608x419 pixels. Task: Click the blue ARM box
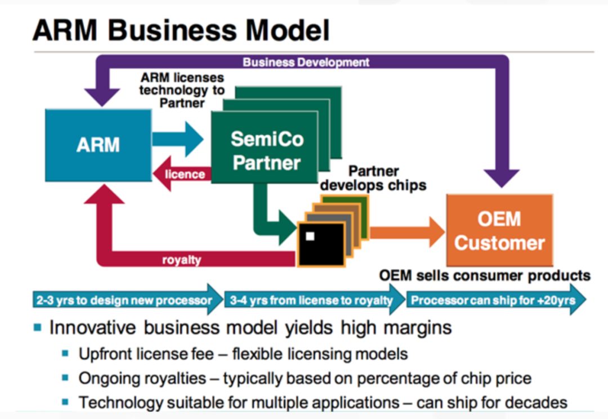[98, 145]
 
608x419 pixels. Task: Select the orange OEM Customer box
[499, 230]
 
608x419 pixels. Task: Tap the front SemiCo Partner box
[265, 148]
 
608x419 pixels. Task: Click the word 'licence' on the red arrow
[185, 175]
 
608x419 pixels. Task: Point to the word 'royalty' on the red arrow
[181, 260]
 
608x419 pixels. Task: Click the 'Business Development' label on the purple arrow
[306, 62]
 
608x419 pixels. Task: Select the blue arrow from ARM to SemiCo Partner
[177, 139]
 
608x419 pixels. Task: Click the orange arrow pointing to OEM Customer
[407, 233]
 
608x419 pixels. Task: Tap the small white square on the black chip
[310, 237]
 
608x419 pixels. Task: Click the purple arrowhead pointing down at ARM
[102, 97]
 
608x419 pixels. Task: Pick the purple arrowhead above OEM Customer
[502, 179]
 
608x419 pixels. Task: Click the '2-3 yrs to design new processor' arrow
[128, 300]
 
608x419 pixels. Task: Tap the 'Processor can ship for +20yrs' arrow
[497, 300]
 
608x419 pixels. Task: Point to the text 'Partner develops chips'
[373, 178]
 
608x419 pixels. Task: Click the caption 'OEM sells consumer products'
[485, 275]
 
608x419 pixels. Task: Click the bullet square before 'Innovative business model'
[38, 328]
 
